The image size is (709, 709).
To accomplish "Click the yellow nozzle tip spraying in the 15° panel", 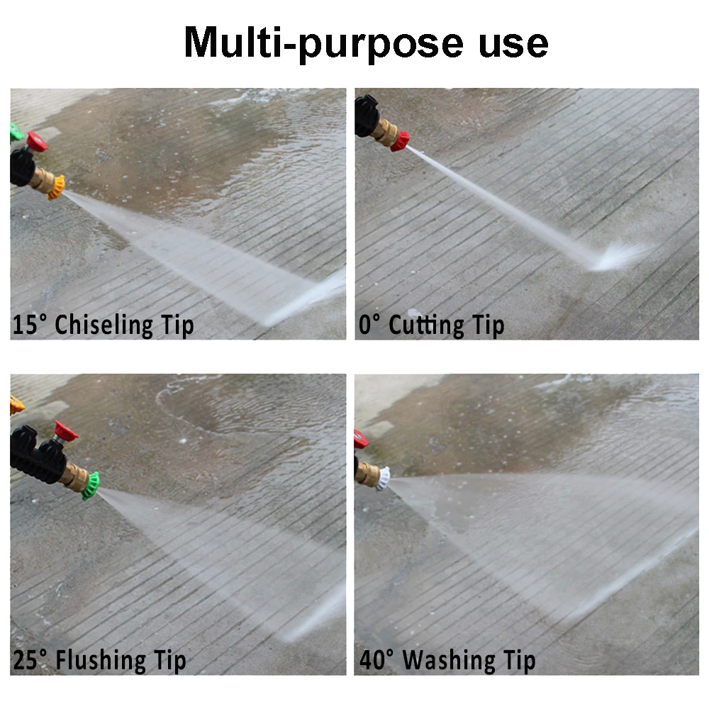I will [x=57, y=186].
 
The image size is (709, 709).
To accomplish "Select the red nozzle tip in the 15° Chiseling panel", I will [x=37, y=142].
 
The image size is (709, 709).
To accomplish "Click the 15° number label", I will [x=30, y=325].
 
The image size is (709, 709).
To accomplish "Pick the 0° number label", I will [x=371, y=325].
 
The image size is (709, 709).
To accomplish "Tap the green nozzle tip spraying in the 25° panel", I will [x=90, y=486].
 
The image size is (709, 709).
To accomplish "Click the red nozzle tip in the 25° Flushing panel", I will [x=67, y=430].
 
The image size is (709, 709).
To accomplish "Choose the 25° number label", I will [x=32, y=661].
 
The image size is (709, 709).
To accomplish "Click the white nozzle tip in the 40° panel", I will [x=384, y=480].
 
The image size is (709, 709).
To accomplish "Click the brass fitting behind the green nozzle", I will [x=74, y=476].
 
